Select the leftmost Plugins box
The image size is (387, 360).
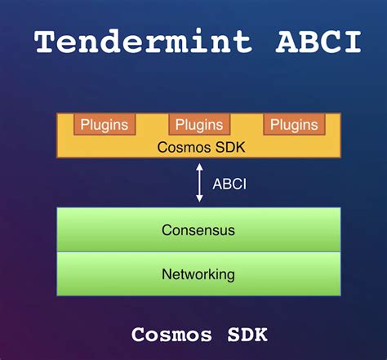103,125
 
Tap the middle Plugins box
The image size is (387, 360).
199,125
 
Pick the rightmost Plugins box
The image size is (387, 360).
294,125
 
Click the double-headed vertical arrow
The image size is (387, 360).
199,184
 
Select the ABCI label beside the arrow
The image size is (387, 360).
229,184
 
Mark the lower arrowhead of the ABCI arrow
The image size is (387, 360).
199,199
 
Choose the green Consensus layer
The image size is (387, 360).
198,230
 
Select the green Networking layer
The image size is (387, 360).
198,274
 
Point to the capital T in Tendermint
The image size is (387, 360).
45,41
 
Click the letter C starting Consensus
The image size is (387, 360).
166,230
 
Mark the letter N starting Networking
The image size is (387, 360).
166,274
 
